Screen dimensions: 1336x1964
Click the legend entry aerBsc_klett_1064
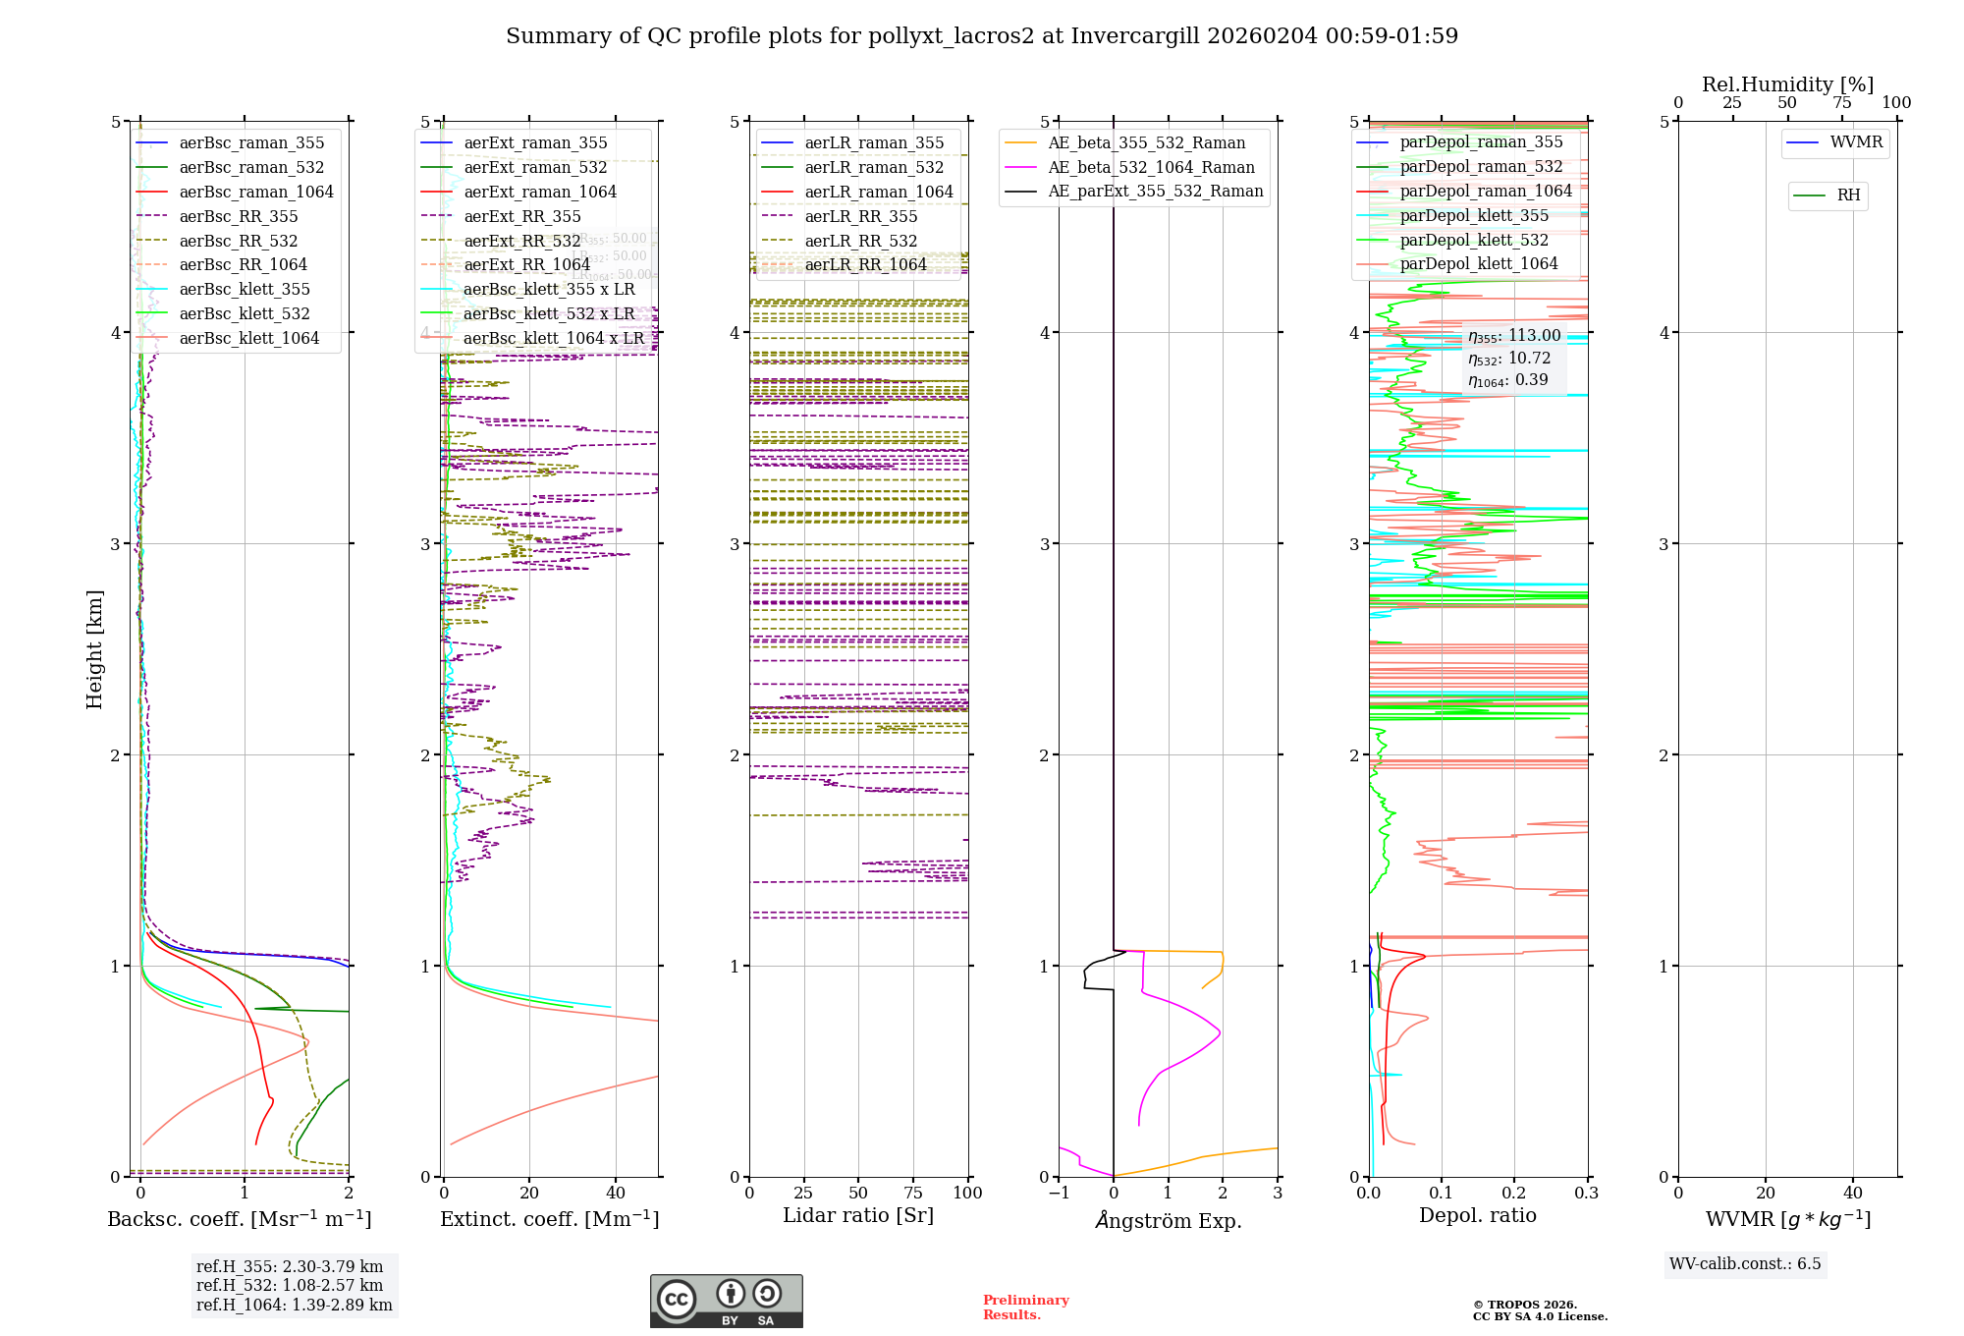[x=248, y=339]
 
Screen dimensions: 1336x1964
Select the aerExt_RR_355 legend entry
[x=522, y=216]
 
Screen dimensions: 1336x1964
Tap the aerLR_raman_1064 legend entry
[x=878, y=192]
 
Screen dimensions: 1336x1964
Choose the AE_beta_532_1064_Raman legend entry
[x=1151, y=167]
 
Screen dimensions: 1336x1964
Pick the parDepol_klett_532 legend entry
[x=1473, y=240]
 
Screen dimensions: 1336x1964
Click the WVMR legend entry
[x=1856, y=142]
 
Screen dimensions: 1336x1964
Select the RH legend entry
[x=1848, y=195]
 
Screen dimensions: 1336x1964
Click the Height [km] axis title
[x=94, y=648]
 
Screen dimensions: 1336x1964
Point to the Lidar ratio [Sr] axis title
[x=858, y=1215]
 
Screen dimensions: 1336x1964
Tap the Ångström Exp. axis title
[x=1168, y=1220]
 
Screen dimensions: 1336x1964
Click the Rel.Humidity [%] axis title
[x=1787, y=84]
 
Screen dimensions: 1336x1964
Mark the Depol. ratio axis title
[x=1477, y=1215]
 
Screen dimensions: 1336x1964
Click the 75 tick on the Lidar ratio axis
[x=913, y=1193]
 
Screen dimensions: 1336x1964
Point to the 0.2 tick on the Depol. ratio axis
[x=1514, y=1193]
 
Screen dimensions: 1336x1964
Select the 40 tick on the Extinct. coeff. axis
[x=616, y=1193]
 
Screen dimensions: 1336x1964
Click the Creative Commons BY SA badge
[x=726, y=1301]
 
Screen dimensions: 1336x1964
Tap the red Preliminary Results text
[x=1025, y=1308]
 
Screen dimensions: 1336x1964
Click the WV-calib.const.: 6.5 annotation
[x=1744, y=1264]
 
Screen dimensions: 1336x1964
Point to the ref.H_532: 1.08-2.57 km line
[x=290, y=1285]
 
